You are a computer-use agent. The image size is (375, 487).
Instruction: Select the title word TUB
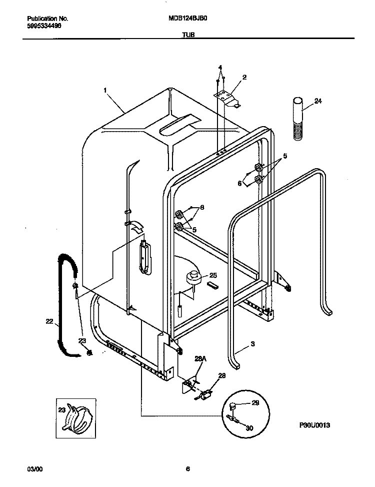188,36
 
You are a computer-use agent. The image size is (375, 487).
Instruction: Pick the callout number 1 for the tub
105,90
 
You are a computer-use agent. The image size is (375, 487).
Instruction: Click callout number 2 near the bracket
244,77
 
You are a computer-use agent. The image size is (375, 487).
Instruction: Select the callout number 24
317,101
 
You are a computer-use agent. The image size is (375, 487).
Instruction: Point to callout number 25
213,275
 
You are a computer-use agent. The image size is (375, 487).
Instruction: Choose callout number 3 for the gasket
253,344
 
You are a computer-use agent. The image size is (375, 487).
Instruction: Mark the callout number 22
48,321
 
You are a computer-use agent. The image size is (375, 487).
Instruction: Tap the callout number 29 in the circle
255,403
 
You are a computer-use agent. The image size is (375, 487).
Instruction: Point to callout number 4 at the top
219,67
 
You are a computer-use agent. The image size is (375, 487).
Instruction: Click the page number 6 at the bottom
187,469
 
